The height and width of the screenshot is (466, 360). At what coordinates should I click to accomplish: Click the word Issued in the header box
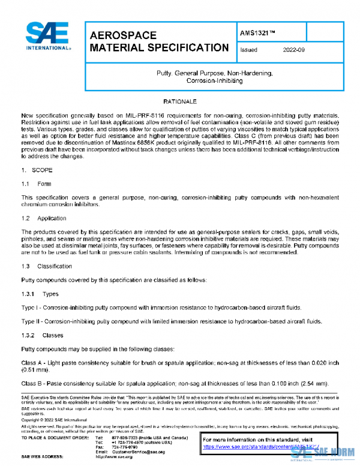coord(248,50)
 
